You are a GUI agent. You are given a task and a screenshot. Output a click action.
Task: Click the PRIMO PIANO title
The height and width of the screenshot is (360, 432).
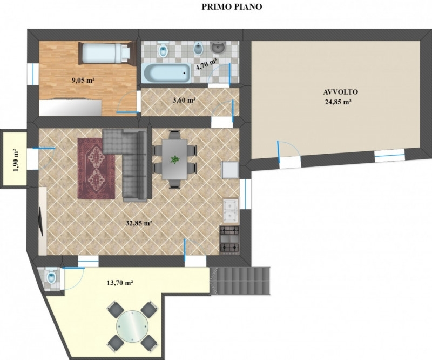(x=232, y=7)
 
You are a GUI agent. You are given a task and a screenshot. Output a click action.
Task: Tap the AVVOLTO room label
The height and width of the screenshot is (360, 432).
(x=341, y=92)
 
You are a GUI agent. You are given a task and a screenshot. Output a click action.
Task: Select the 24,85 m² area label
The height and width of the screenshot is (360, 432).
(x=339, y=102)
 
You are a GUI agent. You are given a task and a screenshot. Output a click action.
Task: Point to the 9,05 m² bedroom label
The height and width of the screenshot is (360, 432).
(x=83, y=81)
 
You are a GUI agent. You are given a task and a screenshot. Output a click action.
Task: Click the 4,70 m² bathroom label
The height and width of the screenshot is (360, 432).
(x=206, y=64)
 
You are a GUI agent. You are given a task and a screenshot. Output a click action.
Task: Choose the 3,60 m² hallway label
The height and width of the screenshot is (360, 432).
(x=184, y=100)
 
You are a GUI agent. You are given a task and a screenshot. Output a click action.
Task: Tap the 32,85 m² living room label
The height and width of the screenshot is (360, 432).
(x=139, y=223)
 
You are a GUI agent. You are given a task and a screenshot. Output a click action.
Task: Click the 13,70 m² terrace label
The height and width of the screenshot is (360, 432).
(x=120, y=283)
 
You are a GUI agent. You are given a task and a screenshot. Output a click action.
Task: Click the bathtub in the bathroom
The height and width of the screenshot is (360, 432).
(x=166, y=73)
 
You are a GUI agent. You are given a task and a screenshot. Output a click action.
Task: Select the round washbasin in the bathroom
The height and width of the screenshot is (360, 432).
(x=218, y=47)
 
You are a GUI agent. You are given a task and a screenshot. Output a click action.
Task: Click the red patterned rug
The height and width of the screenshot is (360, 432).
(x=96, y=168)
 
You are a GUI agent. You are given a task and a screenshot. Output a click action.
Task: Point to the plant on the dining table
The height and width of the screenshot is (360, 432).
(x=174, y=159)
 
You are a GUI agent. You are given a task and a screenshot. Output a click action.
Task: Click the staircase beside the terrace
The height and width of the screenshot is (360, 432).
(x=240, y=281)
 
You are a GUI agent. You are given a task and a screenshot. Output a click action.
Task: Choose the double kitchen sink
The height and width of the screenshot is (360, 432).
(x=231, y=210)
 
